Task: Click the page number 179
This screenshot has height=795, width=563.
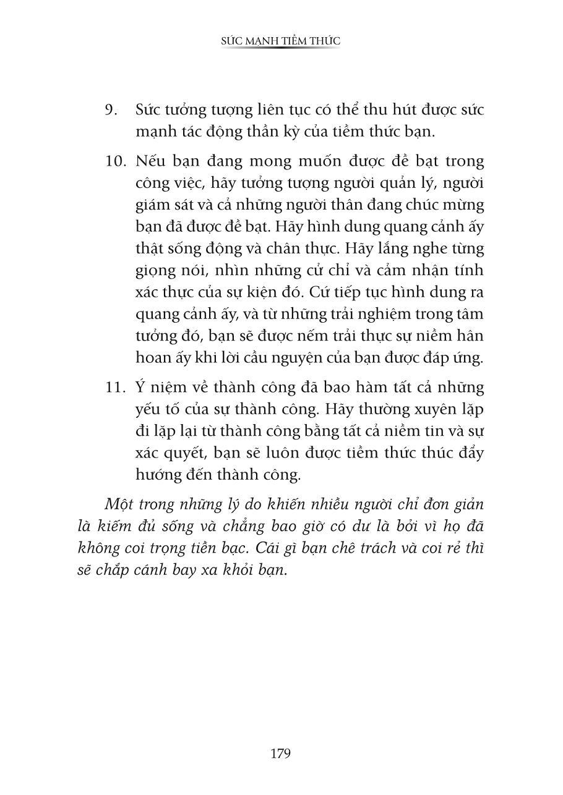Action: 281,754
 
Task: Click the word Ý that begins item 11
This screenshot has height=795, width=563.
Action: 140,388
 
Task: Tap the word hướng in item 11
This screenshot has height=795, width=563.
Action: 157,475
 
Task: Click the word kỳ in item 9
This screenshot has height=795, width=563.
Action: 282,132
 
